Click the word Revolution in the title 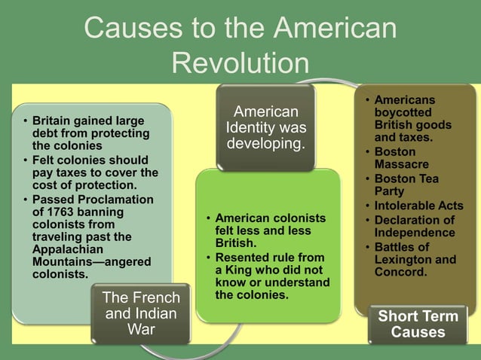pyautogui.click(x=240, y=63)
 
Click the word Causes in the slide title pyautogui.click(x=131, y=27)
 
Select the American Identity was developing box pyautogui.click(x=265, y=127)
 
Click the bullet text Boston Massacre pyautogui.click(x=402, y=158)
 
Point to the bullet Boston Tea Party pyautogui.click(x=406, y=185)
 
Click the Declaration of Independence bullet pyautogui.click(x=414, y=226)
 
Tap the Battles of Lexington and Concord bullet pyautogui.click(x=415, y=259)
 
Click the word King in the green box pyautogui.click(x=237, y=270)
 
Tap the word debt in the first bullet pyautogui.click(x=44, y=133)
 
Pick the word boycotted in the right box pyautogui.click(x=403, y=112)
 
